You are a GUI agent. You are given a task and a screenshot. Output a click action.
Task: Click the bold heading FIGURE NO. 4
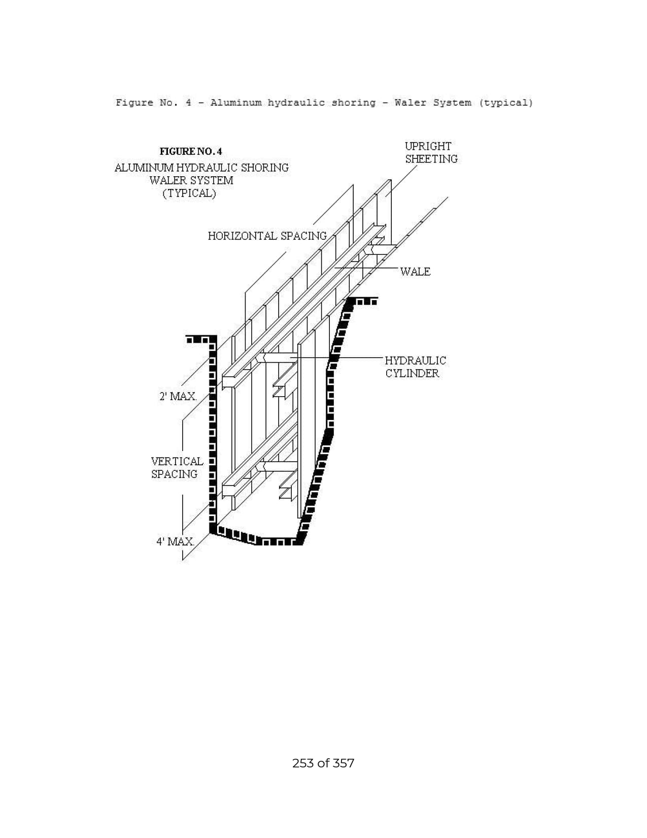coord(191,151)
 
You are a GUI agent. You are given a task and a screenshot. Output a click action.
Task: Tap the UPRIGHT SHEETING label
coord(431,153)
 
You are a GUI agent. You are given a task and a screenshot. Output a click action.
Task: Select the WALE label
coord(416,272)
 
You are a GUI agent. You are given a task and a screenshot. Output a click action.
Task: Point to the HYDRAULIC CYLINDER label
coord(416,367)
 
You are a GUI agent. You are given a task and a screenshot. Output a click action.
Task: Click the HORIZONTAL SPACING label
coord(267,236)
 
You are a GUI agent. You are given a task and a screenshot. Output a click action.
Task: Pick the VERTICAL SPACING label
coord(177,468)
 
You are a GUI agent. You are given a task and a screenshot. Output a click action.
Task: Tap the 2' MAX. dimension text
coord(178,397)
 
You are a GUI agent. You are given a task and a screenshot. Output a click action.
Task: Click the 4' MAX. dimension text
coord(175,542)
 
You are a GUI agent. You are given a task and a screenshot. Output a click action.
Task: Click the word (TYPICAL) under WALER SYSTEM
coord(189,193)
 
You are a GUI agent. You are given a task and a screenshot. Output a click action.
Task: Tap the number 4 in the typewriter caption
coord(188,103)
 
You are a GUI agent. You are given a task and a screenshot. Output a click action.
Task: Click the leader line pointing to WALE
coord(366,267)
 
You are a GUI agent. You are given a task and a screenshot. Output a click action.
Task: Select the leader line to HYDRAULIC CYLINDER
coord(337,358)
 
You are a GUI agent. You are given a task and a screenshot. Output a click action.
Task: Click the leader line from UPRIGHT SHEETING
coord(401,181)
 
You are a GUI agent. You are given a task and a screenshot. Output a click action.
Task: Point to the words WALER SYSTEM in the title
coord(191,181)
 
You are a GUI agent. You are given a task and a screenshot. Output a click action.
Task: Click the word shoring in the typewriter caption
coord(354,103)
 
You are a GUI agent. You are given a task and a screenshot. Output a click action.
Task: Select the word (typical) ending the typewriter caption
coord(506,103)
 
